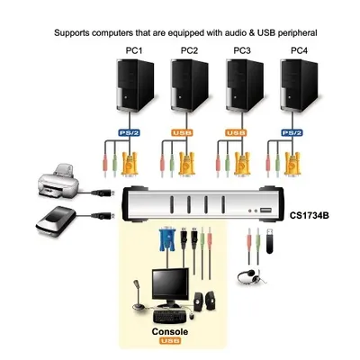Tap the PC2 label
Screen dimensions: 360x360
pyautogui.click(x=189, y=51)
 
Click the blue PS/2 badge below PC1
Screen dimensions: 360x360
pyautogui.click(x=130, y=135)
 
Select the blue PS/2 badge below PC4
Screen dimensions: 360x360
pyautogui.click(x=290, y=135)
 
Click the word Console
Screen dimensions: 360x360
pyautogui.click(x=169, y=332)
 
